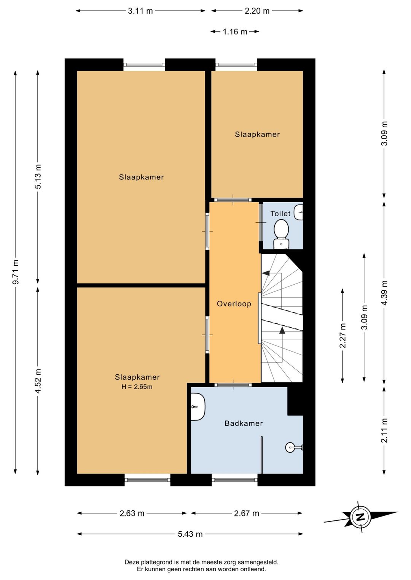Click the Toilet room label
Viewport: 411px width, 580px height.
[280, 214]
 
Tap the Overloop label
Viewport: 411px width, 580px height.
[234, 304]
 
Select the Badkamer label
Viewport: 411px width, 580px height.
[244, 423]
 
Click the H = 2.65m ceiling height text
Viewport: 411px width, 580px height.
[137, 387]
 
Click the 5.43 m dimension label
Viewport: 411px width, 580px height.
[190, 534]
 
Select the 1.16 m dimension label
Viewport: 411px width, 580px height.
[235, 32]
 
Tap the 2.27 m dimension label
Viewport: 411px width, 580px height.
[343, 336]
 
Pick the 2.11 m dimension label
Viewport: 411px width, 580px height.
[384, 430]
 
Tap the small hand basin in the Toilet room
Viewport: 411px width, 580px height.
[299, 212]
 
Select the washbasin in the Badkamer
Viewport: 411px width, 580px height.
[198, 407]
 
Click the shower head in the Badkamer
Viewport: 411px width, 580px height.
[294, 447]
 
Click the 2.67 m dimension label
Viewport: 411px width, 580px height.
[247, 513]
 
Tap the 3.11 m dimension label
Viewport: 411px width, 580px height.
[140, 11]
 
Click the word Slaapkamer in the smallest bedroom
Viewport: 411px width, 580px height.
[257, 135]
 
